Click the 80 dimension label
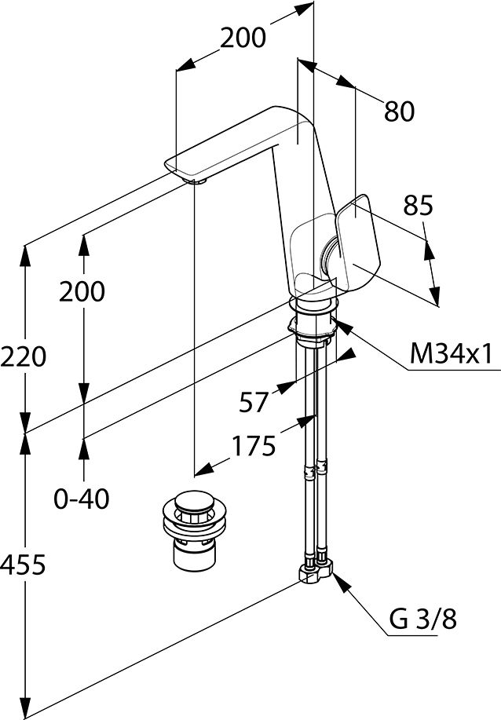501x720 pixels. tap(399, 111)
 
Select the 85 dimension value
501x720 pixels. tap(418, 205)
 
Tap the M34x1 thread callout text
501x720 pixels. tap(451, 353)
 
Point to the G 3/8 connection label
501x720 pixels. tap(423, 619)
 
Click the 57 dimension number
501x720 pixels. tap(253, 402)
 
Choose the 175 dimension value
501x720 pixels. tap(254, 445)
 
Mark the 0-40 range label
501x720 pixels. tap(82, 499)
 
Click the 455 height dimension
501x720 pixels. tap(23, 565)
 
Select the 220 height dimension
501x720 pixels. tap(24, 356)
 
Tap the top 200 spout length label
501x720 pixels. tap(243, 38)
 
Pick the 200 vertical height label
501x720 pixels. tap(82, 291)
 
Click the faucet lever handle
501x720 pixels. tap(357, 243)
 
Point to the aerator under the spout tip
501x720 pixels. tap(196, 181)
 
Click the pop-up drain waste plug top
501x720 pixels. tap(195, 502)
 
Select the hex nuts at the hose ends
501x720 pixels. tap(316, 570)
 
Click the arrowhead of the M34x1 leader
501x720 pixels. tap(343, 326)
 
